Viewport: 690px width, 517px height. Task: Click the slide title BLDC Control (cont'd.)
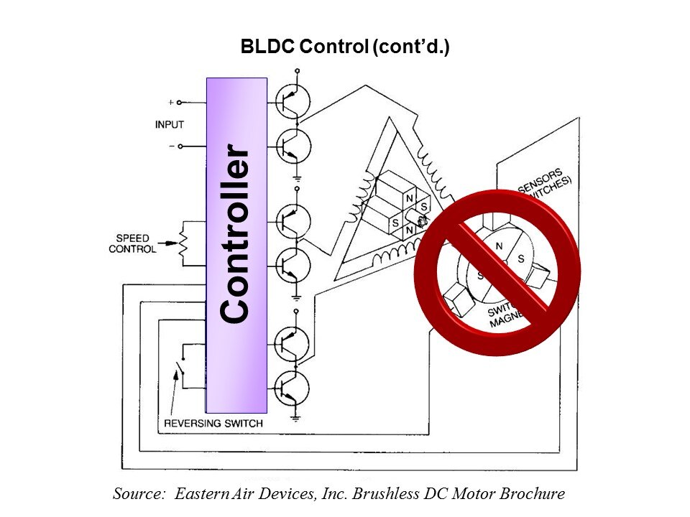click(345, 48)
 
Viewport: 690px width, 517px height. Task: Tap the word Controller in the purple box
click(236, 233)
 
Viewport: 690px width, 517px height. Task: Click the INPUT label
click(170, 125)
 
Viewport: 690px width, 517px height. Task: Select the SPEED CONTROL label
click(132, 244)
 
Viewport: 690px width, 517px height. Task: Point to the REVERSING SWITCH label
click(213, 423)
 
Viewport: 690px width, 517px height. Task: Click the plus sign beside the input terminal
click(171, 103)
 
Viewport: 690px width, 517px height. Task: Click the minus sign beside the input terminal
click(171, 146)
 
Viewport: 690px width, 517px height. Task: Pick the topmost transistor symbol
click(293, 102)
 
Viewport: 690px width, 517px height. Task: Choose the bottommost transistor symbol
click(293, 388)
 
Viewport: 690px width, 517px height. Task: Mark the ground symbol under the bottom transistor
click(296, 415)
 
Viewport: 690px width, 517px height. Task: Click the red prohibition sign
click(497, 272)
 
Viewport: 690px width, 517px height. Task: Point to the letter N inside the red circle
click(498, 246)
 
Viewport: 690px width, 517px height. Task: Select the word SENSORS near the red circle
click(540, 184)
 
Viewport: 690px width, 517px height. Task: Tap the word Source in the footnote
click(139, 494)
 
